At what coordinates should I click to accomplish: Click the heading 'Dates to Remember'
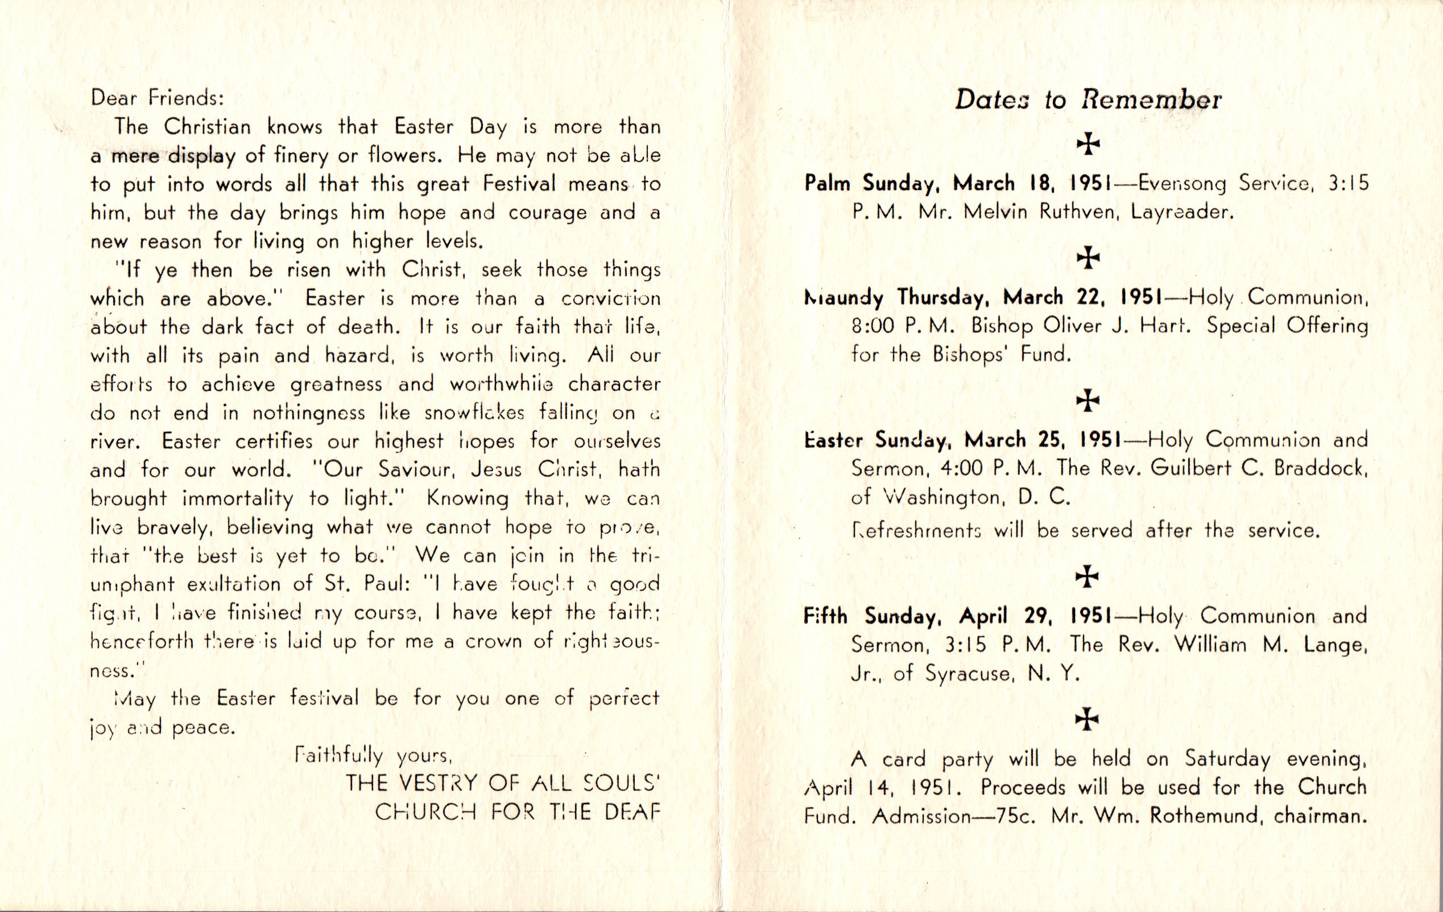point(1088,100)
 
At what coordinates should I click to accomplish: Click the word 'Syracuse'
point(969,674)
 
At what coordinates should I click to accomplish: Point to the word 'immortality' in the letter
point(237,499)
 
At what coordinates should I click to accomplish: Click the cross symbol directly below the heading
point(1088,144)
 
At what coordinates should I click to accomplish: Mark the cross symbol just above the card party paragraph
point(1088,719)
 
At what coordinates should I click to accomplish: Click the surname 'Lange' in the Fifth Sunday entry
point(1336,645)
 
